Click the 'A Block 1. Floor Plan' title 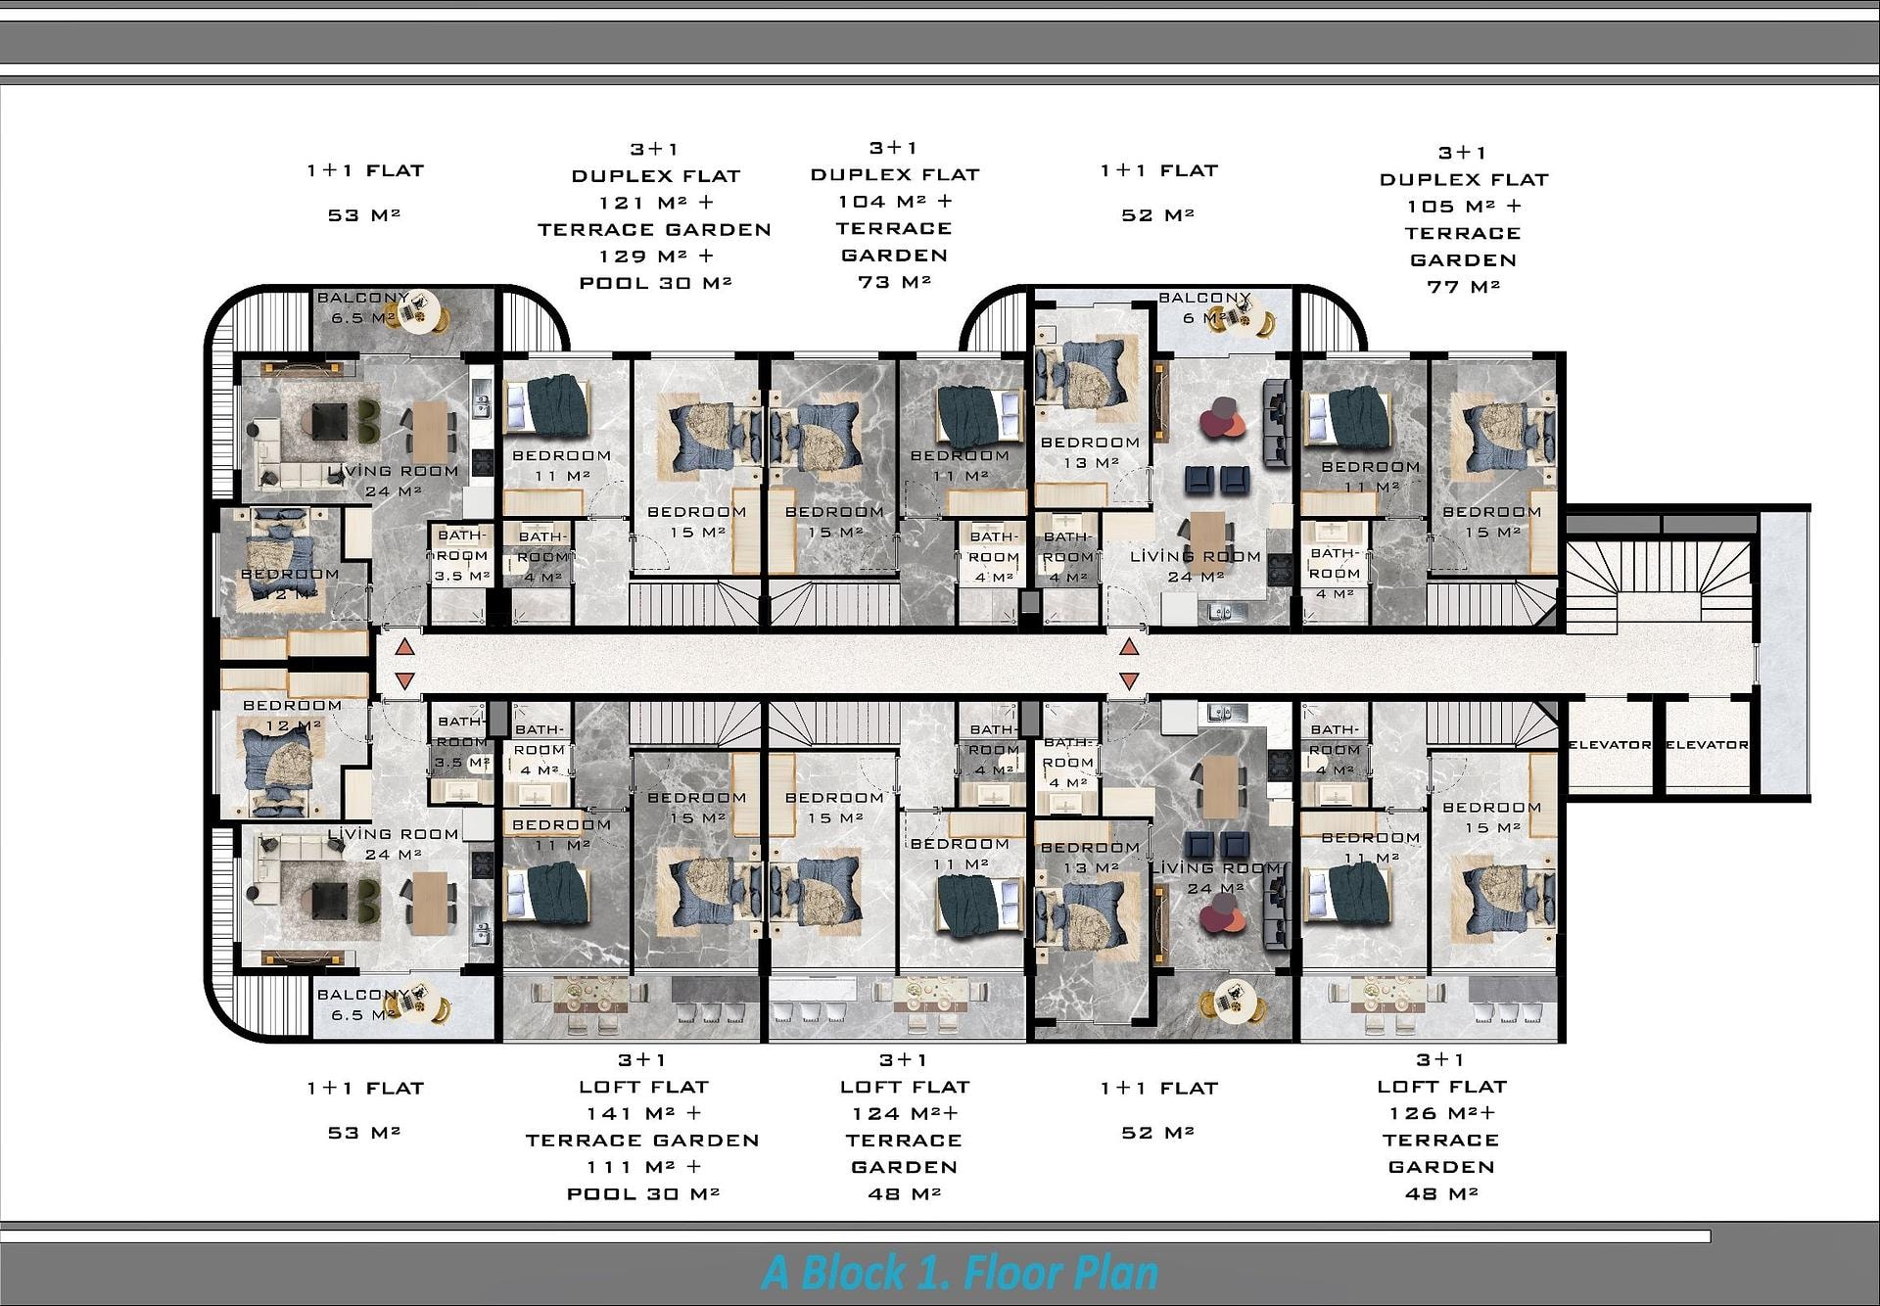pos(960,1273)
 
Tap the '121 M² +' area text pos(657,203)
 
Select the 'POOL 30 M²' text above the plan pos(656,283)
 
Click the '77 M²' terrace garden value pos(1464,287)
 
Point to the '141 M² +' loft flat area pos(644,1113)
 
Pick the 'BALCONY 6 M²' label pos(1204,307)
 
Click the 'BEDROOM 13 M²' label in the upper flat pos(1090,452)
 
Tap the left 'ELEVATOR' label pos(1610,745)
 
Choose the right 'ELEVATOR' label pos(1707,745)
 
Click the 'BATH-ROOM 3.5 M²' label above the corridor pos(461,555)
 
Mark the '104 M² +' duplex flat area pos(895,201)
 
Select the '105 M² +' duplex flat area pos(1464,207)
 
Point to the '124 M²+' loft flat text pos(905,1113)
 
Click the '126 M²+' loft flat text pos(1441,1113)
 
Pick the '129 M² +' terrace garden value pos(657,257)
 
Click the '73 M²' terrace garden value pos(895,282)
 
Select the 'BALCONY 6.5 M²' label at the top pos(363,307)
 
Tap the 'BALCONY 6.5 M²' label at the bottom pos(363,1004)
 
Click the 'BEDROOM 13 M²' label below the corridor pos(1090,858)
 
